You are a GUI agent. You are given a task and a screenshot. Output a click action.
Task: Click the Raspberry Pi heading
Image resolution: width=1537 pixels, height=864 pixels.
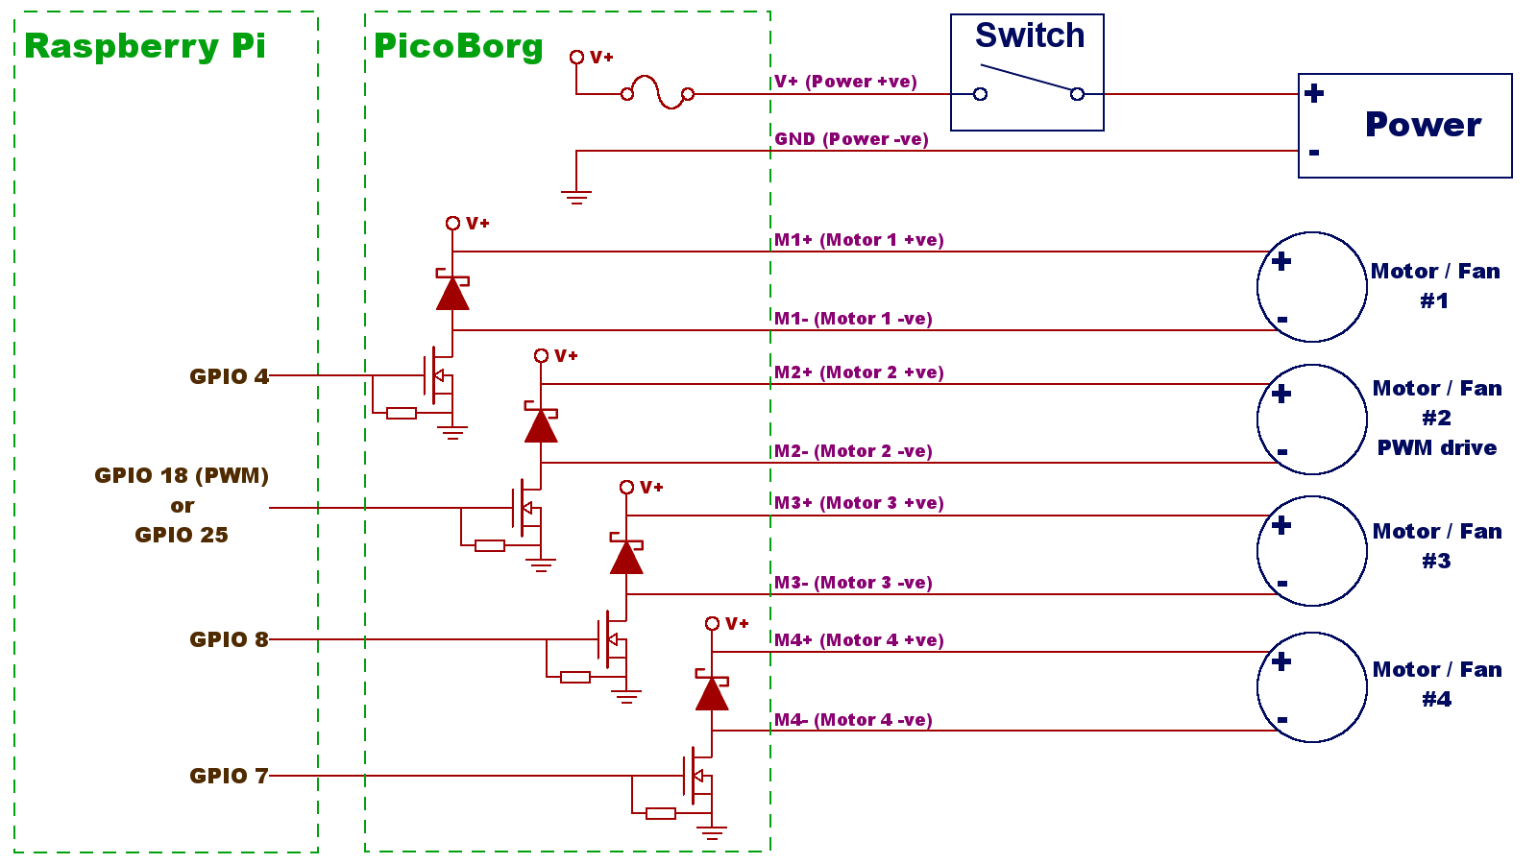click(x=145, y=46)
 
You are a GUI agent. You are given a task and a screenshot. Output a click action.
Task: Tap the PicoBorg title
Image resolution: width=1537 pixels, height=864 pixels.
click(x=458, y=46)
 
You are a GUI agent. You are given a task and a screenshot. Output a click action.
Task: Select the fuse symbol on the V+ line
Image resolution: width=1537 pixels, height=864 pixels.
click(x=658, y=93)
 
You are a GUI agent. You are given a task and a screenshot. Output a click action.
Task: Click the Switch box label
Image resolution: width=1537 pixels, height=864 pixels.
click(x=1030, y=36)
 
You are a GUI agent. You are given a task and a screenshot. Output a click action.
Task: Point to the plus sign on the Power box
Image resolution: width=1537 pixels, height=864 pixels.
click(x=1314, y=93)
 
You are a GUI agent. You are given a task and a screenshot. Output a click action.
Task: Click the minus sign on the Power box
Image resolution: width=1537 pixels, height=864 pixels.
click(x=1314, y=152)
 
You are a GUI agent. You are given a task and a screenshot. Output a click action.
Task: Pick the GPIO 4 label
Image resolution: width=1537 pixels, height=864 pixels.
click(x=229, y=376)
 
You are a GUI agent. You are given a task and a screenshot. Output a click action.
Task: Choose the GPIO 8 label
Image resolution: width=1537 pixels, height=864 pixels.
click(x=229, y=639)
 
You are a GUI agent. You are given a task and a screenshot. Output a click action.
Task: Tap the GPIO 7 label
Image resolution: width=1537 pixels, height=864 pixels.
click(x=229, y=776)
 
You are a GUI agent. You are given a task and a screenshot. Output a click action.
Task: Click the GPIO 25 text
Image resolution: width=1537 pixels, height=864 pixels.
click(x=182, y=535)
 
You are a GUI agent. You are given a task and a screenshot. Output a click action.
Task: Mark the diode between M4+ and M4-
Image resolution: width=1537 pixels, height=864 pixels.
click(x=712, y=692)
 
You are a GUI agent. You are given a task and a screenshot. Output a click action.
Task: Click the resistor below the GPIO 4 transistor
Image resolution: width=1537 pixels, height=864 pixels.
click(x=402, y=414)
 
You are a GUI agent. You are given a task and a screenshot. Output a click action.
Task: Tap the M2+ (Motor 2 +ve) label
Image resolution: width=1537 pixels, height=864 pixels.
click(x=859, y=372)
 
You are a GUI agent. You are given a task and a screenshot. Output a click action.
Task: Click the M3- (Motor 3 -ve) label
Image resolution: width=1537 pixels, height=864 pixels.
click(x=853, y=583)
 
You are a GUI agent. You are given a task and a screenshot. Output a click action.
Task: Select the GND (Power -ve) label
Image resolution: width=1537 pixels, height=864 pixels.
click(x=851, y=139)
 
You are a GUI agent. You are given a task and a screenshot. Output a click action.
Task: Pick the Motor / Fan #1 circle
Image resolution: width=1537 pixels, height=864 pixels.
click(x=1312, y=286)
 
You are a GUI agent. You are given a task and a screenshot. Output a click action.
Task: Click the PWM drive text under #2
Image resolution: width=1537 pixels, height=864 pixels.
click(x=1436, y=447)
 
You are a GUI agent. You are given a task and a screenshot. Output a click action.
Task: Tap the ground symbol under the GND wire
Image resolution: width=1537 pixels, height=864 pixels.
click(x=576, y=198)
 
